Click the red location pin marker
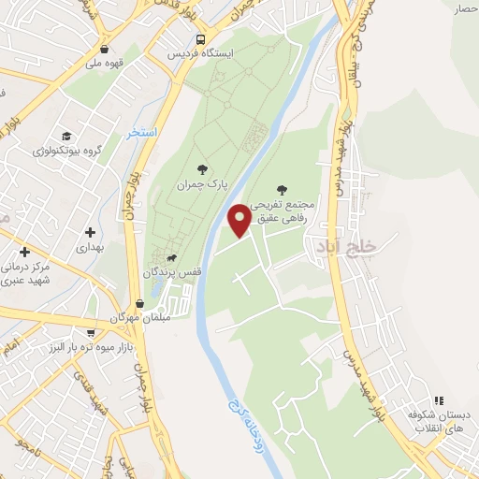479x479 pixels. (240, 220)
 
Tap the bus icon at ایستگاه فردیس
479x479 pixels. (200, 40)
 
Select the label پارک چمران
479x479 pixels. (201, 184)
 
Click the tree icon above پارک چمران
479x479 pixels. (201, 168)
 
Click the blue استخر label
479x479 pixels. (141, 133)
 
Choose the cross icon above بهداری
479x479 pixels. (90, 232)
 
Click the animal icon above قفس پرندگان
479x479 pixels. (171, 257)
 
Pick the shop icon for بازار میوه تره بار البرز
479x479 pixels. (90, 332)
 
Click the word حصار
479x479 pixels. (466, 9)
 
